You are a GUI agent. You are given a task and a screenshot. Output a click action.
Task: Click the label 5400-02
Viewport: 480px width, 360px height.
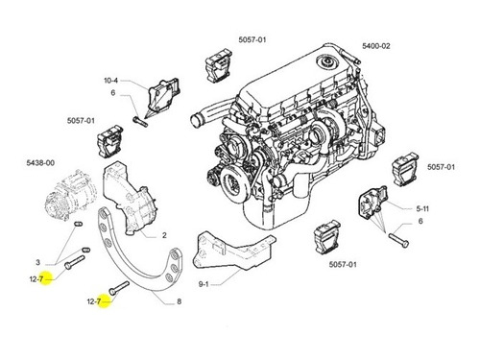tap(376, 46)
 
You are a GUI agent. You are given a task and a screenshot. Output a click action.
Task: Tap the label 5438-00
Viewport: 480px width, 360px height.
tap(40, 163)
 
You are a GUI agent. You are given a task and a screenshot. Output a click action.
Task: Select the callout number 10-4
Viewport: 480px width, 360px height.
tap(110, 81)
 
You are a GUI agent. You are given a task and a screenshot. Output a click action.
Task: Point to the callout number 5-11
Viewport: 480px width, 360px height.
tap(422, 209)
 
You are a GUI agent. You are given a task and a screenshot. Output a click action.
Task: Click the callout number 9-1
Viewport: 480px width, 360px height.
tap(204, 284)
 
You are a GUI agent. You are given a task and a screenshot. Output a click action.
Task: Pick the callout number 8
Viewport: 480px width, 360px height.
tap(179, 301)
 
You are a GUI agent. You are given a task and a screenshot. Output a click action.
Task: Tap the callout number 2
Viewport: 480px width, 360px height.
tap(164, 235)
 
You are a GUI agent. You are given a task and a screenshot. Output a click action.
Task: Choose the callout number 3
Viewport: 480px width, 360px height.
tap(37, 262)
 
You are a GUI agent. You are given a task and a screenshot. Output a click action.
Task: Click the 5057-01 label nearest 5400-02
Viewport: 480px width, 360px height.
tap(252, 39)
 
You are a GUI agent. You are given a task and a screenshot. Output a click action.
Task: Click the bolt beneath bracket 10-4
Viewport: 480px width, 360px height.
tap(140, 121)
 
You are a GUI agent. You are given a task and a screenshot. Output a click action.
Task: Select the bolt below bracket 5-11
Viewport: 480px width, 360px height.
tap(398, 240)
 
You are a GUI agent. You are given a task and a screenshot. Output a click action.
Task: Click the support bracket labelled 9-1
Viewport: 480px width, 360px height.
tap(233, 252)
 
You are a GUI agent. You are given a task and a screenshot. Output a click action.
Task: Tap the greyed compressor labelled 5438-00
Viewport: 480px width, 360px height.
tap(70, 195)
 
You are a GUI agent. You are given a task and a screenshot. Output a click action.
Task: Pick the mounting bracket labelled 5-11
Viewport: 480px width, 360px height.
tap(373, 203)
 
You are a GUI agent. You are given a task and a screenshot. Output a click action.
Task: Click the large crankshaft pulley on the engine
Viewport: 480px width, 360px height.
tap(234, 184)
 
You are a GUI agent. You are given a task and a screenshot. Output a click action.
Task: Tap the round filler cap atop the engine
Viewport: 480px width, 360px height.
tap(327, 61)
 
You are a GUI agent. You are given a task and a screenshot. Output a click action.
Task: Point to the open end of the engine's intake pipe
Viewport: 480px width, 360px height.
tap(195, 121)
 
